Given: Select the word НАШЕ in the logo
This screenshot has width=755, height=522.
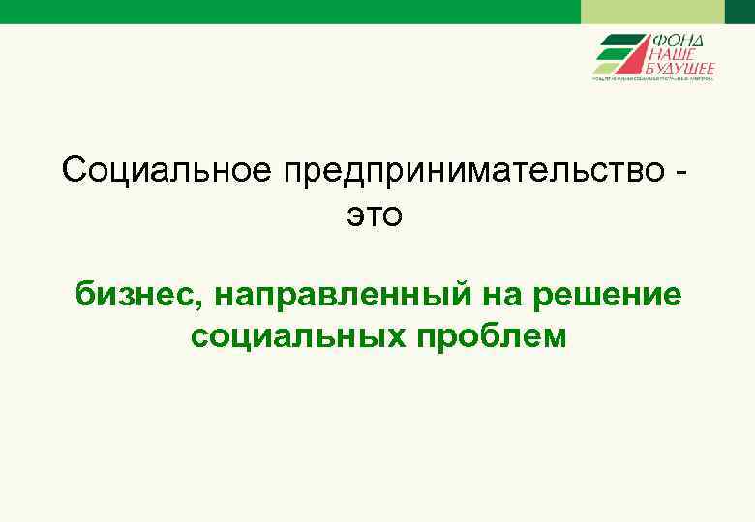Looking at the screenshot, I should [677, 55].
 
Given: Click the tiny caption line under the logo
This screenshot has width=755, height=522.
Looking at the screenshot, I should [653, 80].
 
